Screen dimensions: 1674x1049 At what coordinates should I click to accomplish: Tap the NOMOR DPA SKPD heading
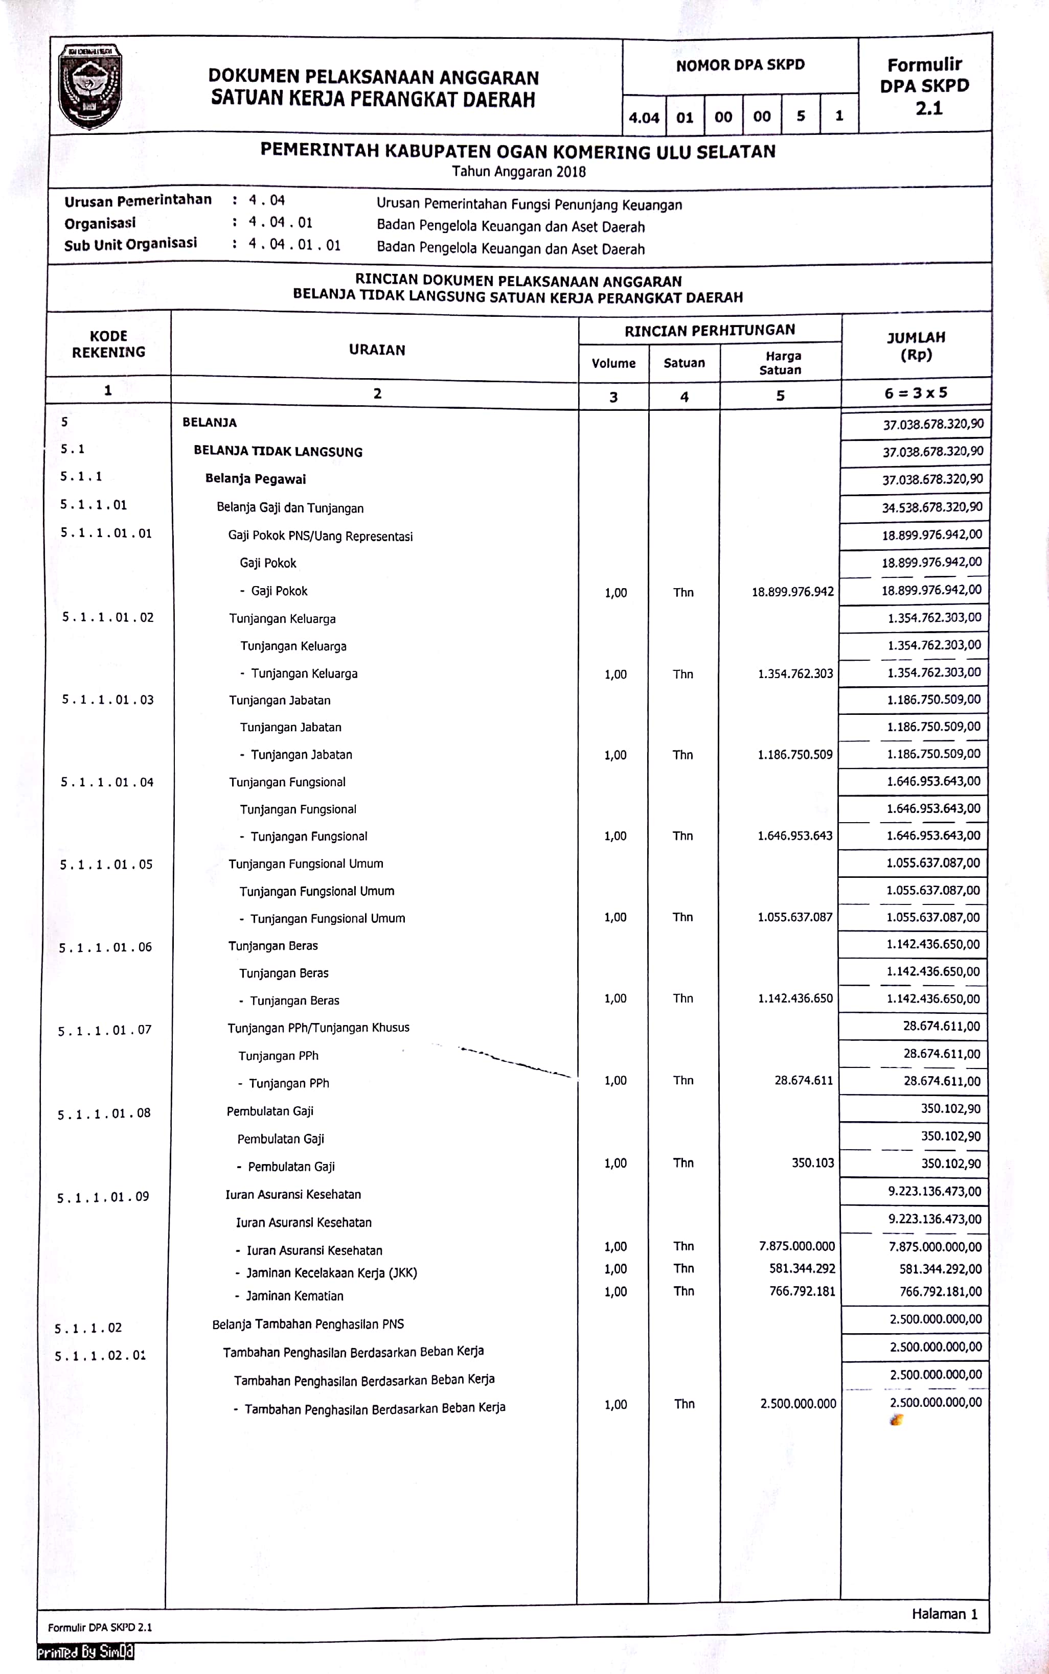click(x=740, y=65)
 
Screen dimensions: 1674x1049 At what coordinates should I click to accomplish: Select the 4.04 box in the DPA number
click(x=644, y=117)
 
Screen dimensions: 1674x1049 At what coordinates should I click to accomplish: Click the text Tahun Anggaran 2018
click(x=519, y=171)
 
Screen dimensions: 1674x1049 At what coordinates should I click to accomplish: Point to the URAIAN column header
click(x=377, y=350)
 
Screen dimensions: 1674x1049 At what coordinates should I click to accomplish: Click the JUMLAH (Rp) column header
click(x=916, y=346)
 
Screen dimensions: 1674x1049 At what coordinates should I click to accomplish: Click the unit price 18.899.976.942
click(x=792, y=592)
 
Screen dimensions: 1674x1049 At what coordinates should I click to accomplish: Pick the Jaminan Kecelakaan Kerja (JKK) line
click(x=331, y=1272)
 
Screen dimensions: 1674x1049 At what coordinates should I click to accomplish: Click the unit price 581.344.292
click(x=802, y=1268)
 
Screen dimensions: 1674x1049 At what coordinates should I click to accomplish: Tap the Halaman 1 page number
click(x=944, y=1614)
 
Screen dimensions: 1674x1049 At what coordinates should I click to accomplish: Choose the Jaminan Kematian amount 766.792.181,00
click(x=940, y=1291)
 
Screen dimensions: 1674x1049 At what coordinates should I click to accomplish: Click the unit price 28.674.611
click(x=804, y=1080)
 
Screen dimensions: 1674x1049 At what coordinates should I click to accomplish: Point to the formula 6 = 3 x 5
click(x=915, y=393)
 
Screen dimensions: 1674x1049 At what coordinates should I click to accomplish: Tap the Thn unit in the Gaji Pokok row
click(x=683, y=592)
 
